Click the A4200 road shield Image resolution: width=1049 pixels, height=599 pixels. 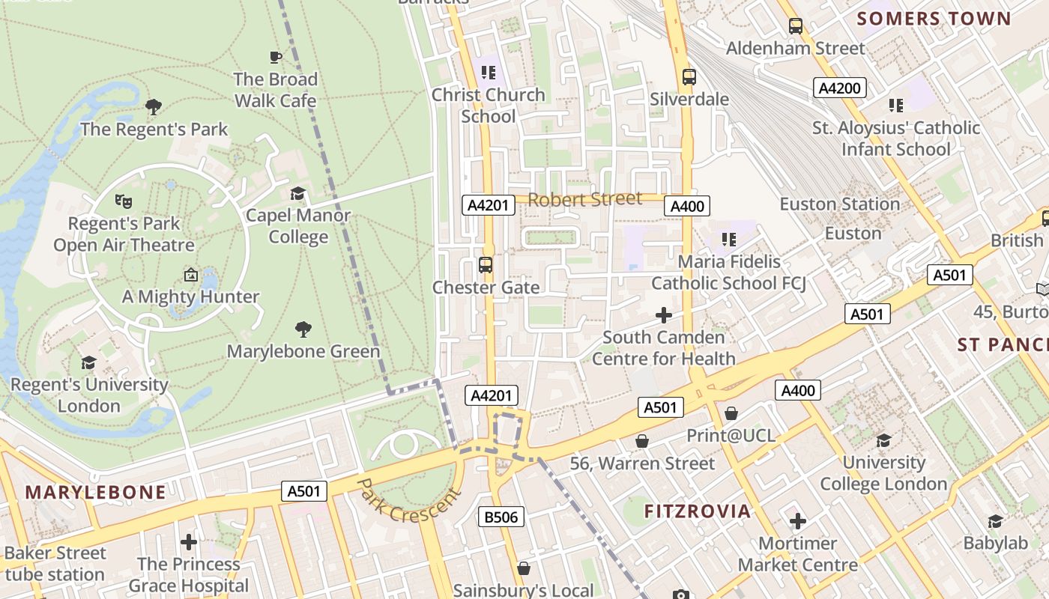(x=839, y=88)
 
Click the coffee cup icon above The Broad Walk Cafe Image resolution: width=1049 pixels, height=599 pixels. (x=276, y=57)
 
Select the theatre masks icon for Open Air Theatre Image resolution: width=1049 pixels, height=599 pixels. (x=124, y=201)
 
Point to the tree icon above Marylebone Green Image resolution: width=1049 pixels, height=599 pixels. (x=303, y=329)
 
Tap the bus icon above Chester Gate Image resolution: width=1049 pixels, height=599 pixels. (x=486, y=264)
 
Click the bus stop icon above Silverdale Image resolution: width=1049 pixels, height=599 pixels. (x=689, y=76)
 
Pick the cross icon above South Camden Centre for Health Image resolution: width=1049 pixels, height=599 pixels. (x=664, y=315)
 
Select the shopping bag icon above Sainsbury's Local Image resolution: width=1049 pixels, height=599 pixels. (x=524, y=568)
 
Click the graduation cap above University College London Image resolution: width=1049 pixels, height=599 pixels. (x=884, y=440)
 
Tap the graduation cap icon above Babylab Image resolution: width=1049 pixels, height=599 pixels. (x=996, y=521)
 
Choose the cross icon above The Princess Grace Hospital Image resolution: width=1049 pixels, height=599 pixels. (x=189, y=541)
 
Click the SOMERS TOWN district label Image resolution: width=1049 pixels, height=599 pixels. (x=934, y=19)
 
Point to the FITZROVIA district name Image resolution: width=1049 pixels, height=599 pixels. (x=698, y=511)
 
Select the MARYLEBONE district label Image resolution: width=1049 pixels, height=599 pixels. (x=95, y=492)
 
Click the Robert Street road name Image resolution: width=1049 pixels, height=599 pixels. (x=585, y=199)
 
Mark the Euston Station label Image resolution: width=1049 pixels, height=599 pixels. (x=839, y=204)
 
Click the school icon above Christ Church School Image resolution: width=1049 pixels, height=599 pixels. (x=489, y=73)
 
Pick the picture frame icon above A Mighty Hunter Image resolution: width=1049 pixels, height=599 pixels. (x=191, y=275)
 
